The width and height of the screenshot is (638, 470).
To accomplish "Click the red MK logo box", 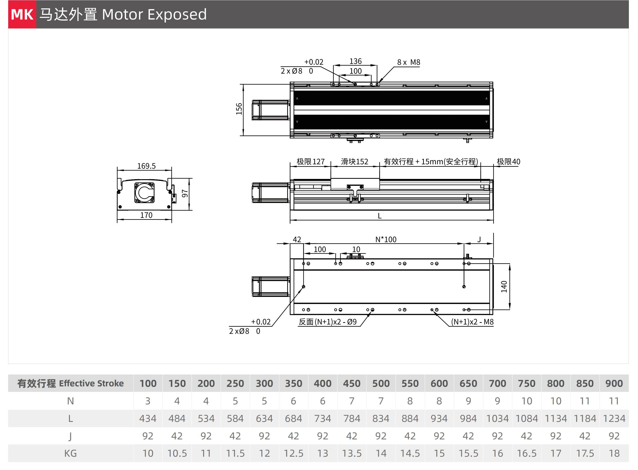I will point(22,14).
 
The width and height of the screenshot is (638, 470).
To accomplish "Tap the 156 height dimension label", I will point(239,109).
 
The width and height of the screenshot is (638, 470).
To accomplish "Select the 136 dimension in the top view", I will point(355,61).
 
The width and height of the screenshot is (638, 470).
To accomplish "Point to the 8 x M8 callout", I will point(408,62).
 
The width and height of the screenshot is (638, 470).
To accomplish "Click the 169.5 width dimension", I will point(146,166).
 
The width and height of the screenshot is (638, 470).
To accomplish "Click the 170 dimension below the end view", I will point(146,215).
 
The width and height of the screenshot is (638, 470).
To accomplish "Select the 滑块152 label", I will point(355,162).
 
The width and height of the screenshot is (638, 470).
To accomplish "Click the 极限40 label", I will point(508,162).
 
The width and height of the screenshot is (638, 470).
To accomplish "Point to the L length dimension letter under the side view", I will point(380,216).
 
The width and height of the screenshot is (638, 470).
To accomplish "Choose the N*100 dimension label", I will point(386,239).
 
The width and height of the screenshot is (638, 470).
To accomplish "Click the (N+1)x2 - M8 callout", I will point(472,322).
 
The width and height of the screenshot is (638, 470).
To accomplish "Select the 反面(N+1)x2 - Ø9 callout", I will point(328,322).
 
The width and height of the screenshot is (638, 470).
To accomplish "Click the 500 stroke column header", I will point(381,384).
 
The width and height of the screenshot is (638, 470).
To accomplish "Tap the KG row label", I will point(70,453).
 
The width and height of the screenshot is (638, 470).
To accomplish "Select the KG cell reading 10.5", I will point(177,453).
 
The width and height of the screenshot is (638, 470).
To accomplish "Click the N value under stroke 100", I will point(148,401).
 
